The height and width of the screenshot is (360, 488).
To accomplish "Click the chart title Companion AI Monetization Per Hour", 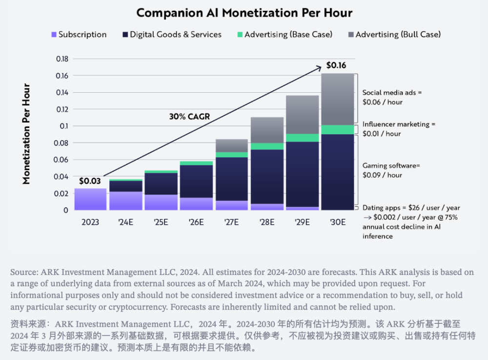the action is tap(244, 13).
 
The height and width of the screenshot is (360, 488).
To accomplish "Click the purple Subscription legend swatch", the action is tap(54, 35).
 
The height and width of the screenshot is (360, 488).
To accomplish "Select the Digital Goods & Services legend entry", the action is tap(172, 34).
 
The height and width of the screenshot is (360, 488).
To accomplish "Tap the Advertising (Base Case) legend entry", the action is tap(285, 34).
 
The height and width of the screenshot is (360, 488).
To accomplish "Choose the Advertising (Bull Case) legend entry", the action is tap(395, 34).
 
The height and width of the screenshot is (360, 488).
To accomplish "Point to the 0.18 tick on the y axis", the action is tap(62, 59).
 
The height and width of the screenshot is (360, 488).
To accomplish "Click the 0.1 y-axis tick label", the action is tap(64, 126).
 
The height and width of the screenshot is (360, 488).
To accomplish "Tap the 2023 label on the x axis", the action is tap(90, 222).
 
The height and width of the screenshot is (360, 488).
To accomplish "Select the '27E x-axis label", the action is tap(231, 222).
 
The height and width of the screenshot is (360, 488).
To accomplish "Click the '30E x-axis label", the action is tap(338, 222).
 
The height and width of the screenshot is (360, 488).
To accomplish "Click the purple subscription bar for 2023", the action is tap(90, 199).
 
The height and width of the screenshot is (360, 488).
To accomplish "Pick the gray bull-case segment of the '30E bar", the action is tap(338, 99).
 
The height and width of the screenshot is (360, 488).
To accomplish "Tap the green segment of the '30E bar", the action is tap(338, 130).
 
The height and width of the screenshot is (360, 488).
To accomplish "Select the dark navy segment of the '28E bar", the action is tap(267, 177).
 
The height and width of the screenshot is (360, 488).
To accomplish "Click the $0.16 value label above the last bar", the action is tap(336, 65).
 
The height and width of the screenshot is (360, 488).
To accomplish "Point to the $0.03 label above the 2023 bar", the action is tap(90, 181).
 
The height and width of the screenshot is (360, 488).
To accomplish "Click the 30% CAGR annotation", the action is tap(189, 116).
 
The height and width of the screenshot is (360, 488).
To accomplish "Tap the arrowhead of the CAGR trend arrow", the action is tap(319, 67).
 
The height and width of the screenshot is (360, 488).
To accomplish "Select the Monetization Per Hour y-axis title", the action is tap(26, 134).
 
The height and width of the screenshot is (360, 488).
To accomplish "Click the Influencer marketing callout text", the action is tap(399, 129).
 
